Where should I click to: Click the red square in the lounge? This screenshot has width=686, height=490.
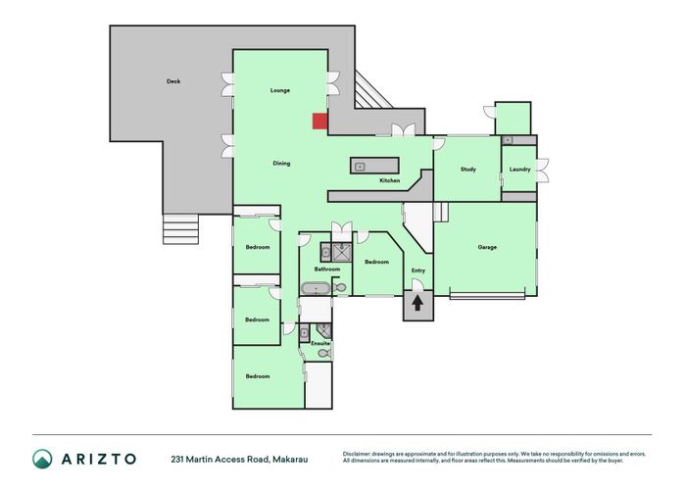pyautogui.click(x=319, y=121)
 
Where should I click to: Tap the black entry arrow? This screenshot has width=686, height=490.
pyautogui.click(x=416, y=304)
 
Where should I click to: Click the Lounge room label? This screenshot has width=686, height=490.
pyautogui.click(x=280, y=90)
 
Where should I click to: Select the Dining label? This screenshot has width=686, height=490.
pyautogui.click(x=281, y=163)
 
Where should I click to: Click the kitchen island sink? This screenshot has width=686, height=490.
pyautogui.click(x=360, y=167)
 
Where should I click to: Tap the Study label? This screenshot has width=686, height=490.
pyautogui.click(x=467, y=170)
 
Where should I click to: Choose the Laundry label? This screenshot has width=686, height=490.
pyautogui.click(x=519, y=170)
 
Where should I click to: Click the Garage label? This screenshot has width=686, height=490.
pyautogui.click(x=487, y=247)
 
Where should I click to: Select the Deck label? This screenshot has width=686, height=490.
pyautogui.click(x=173, y=81)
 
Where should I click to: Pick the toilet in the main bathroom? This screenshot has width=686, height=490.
pyautogui.click(x=339, y=287)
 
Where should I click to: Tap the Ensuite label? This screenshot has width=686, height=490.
pyautogui.click(x=319, y=344)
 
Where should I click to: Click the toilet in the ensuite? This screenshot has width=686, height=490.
pyautogui.click(x=322, y=354)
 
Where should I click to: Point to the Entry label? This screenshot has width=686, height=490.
pyautogui.click(x=418, y=270)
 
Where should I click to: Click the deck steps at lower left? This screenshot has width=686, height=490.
pyautogui.click(x=179, y=231)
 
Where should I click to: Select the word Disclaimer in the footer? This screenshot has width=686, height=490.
pyautogui.click(x=360, y=454)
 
